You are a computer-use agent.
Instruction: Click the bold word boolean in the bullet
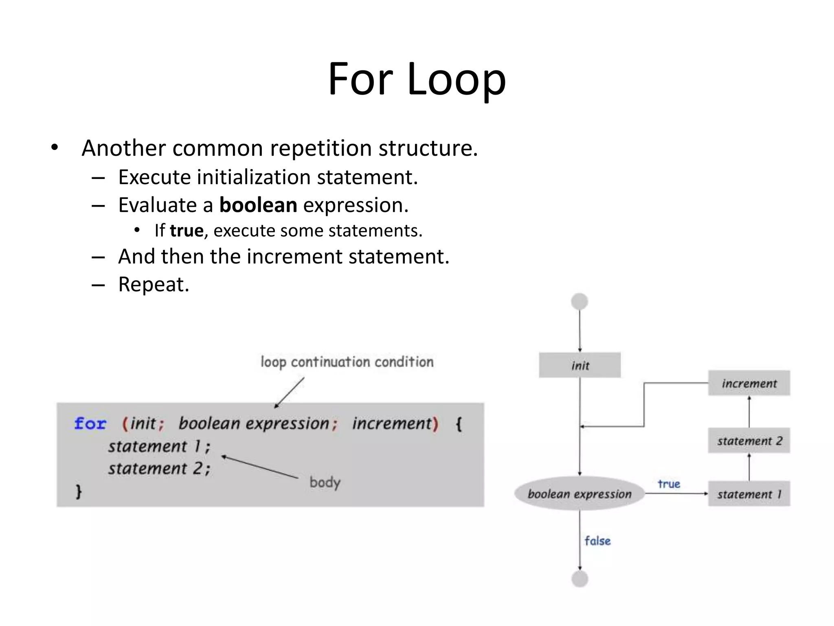coord(258,205)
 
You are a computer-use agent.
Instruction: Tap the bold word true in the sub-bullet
coord(187,231)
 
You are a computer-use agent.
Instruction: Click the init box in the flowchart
coord(579,365)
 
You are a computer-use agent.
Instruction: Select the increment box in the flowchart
coord(749,383)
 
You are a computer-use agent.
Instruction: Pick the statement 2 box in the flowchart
coord(749,441)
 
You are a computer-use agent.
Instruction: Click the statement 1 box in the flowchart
coord(749,494)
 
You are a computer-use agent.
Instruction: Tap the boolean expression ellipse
coord(579,494)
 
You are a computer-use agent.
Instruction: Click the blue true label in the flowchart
coord(669,484)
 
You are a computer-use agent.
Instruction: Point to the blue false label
coord(597,541)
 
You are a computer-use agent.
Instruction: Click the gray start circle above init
coord(579,302)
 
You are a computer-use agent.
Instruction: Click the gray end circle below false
coord(579,579)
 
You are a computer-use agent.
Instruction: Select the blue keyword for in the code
coord(90,423)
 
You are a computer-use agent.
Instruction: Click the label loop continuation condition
coord(347,362)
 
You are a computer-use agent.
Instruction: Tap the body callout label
coord(325,483)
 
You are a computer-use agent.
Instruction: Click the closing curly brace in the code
coord(79,491)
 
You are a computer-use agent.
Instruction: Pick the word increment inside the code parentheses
coord(392,423)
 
